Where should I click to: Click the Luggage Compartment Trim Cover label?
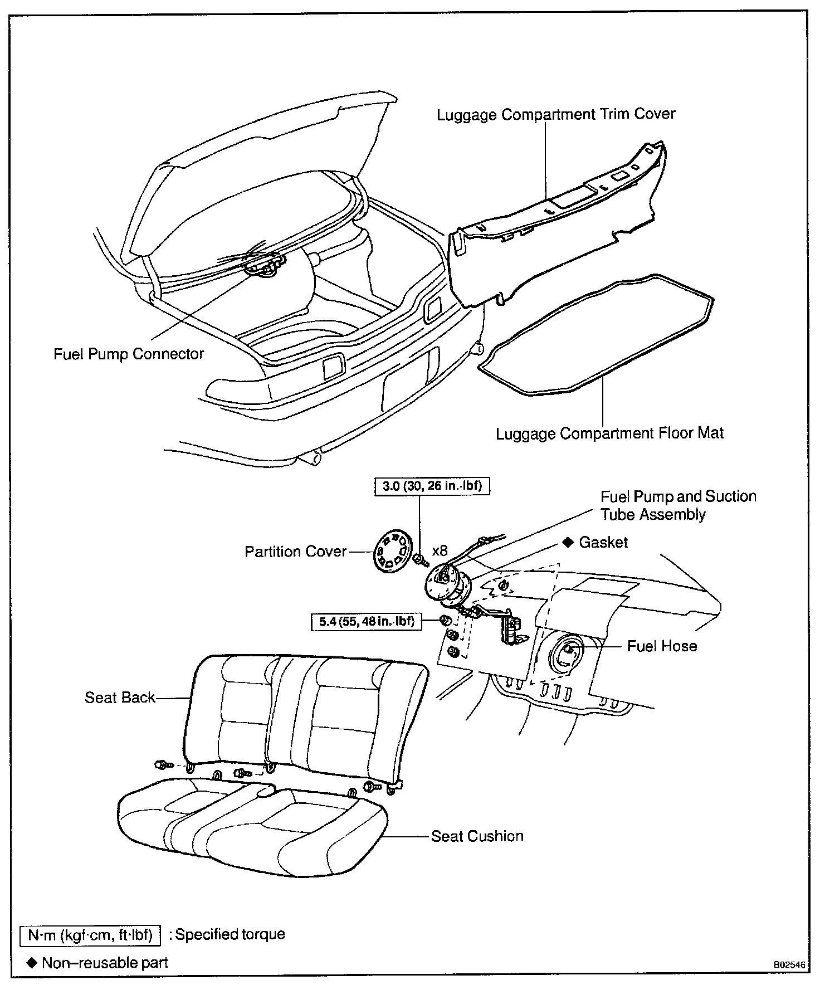point(555,115)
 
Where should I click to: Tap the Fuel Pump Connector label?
point(129,354)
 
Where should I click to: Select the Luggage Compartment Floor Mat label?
point(609,433)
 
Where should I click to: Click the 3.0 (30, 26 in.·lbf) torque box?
point(432,486)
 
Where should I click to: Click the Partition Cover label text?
point(295,552)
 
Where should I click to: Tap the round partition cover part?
point(392,552)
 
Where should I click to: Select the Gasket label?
point(603,542)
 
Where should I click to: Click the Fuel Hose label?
point(662,646)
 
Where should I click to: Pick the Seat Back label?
point(120,698)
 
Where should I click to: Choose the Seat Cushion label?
point(477,836)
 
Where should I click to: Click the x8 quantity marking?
point(440,551)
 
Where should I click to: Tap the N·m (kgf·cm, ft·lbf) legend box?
point(90,934)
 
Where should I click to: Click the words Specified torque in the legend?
point(230,934)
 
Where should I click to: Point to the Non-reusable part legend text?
point(105,962)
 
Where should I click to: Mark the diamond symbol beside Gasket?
point(568,542)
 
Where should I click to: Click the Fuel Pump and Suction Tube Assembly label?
point(678,505)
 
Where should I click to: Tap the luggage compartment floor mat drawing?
point(596,334)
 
